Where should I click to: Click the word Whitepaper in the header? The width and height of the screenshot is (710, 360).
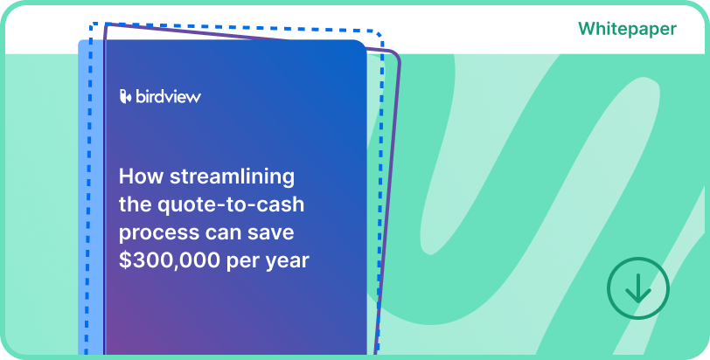(626, 29)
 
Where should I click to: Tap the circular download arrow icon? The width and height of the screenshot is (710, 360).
(637, 287)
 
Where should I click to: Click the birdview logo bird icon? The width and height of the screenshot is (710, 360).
(125, 96)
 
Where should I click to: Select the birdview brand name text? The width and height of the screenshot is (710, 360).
(168, 96)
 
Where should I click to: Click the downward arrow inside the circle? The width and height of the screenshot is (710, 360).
(637, 288)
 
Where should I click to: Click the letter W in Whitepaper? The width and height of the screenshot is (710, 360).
(587, 29)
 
